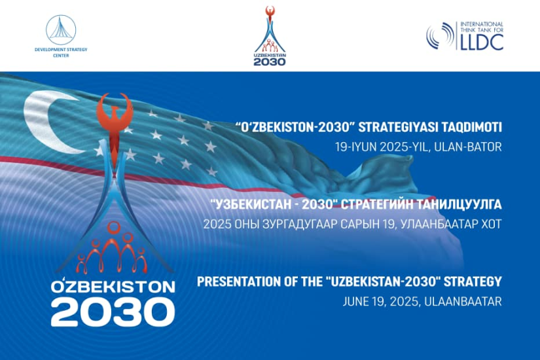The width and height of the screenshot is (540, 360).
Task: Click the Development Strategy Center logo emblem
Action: pyautogui.click(x=61, y=29)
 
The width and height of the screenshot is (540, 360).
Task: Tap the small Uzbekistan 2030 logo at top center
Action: pyautogui.click(x=270, y=36)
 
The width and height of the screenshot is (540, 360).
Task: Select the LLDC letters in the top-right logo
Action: pyautogui.click(x=482, y=43)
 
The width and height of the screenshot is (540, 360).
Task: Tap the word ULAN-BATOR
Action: pyautogui.click(x=468, y=147)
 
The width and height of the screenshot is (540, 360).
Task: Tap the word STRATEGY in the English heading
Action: pyautogui.click(x=473, y=281)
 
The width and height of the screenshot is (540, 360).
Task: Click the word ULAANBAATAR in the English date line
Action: pyautogui.click(x=463, y=302)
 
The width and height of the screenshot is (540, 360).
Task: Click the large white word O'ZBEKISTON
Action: pyautogui.click(x=113, y=287)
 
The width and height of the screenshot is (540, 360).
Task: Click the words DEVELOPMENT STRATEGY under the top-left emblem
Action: pyautogui.click(x=61, y=50)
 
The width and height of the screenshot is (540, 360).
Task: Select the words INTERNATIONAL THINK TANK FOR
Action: pyautogui.click(x=482, y=27)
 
